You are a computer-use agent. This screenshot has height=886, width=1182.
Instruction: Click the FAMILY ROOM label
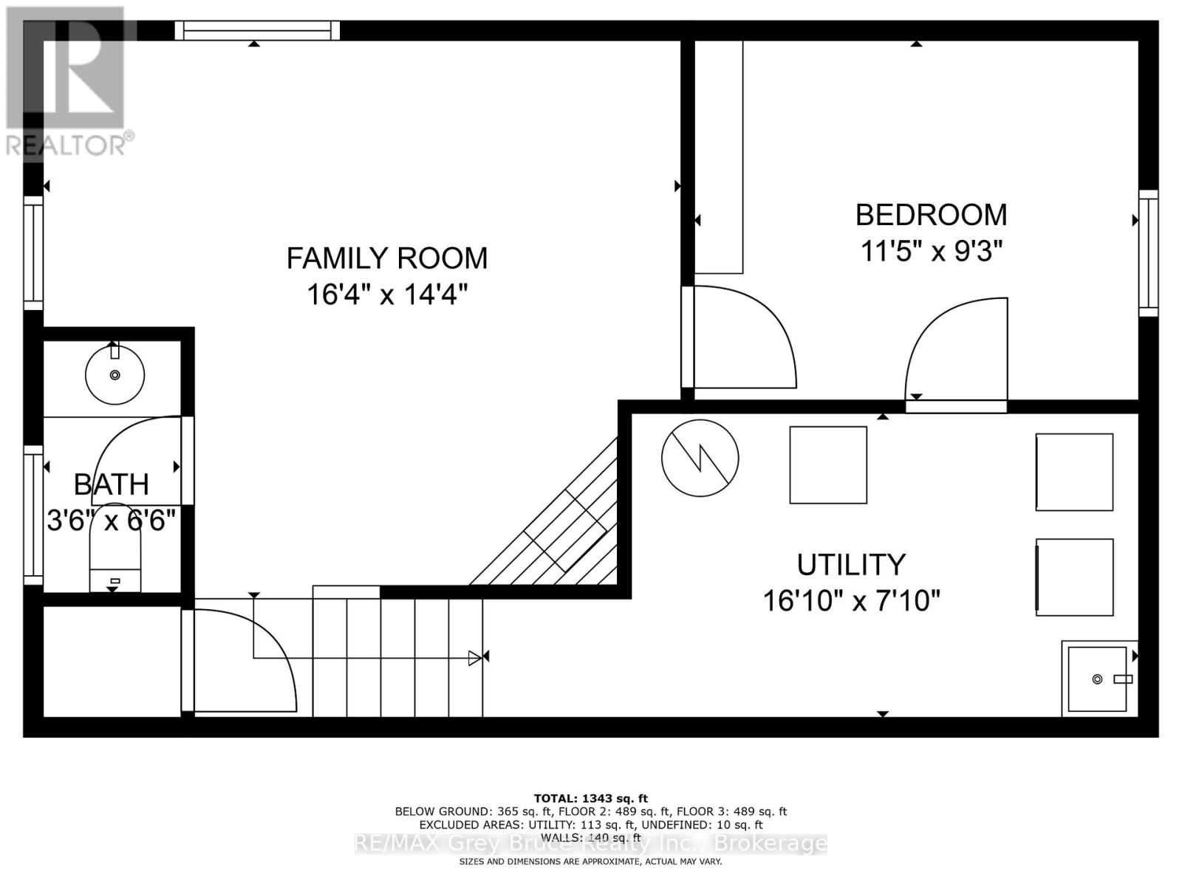click(386, 258)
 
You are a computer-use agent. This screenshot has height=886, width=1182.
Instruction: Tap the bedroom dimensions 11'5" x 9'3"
click(931, 252)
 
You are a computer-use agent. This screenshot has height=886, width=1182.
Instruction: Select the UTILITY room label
click(850, 565)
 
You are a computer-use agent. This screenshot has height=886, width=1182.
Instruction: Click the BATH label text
click(112, 484)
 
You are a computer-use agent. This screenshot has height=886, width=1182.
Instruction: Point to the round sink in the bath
click(115, 375)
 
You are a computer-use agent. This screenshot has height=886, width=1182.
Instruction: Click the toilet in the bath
click(115, 561)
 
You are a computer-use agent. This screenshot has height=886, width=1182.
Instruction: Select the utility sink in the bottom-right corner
click(1099, 678)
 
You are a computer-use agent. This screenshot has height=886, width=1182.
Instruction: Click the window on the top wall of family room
click(257, 30)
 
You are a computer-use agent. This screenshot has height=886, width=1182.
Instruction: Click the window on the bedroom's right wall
click(1147, 253)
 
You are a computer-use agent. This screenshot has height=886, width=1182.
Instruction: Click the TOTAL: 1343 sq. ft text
click(590, 798)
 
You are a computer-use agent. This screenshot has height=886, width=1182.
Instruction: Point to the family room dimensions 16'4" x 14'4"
click(386, 295)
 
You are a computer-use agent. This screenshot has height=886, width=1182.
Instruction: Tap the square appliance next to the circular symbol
click(827, 465)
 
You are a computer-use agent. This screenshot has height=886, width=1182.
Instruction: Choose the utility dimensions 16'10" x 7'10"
click(850, 601)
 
